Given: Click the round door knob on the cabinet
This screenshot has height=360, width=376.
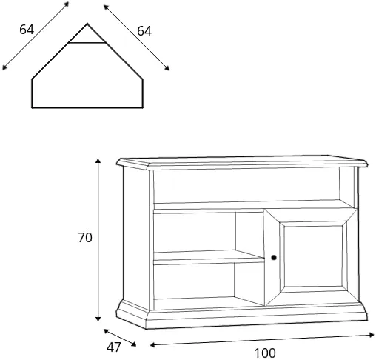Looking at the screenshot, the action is point(274,258).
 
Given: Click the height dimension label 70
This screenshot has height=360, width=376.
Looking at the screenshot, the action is point(85,238).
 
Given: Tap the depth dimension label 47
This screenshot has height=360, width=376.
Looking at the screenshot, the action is point(114,347).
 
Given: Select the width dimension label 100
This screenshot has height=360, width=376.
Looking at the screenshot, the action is point(265,353).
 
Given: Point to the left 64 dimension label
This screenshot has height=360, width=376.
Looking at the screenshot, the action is point(27,30).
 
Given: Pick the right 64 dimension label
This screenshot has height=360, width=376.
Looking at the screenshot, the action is point(144,31).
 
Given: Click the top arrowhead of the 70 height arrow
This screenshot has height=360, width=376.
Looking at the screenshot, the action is point(98,161).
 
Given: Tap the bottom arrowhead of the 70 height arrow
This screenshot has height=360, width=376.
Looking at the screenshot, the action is point(98,319).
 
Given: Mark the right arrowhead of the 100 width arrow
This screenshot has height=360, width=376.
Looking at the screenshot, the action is point(372,335).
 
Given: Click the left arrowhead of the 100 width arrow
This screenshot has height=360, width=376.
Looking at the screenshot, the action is point(152,345).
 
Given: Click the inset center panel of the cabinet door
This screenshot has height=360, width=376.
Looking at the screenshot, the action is point(314,256).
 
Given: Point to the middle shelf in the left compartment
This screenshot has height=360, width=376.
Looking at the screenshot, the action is point(209,257).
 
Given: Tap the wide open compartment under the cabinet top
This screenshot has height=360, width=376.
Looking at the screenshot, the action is point(246,186).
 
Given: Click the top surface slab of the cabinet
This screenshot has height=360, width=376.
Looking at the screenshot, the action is point(242,162).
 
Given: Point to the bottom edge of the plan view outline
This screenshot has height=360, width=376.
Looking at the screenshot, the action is point(87,107).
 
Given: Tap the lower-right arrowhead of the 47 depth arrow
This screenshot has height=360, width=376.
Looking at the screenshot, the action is point(134,344).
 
